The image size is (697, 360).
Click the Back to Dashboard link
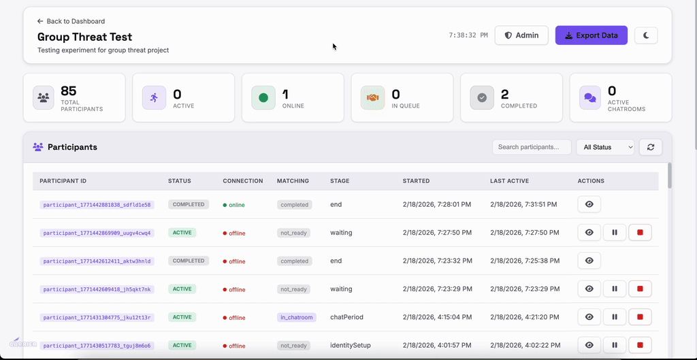point(71,21)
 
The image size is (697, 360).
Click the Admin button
point(521,35)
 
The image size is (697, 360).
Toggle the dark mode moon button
point(646,35)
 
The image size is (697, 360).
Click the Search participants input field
point(532,147)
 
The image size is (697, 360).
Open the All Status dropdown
point(604,147)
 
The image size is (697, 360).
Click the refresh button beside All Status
point(651,147)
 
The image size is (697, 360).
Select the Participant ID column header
point(63,181)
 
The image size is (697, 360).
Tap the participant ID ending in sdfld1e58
point(97,205)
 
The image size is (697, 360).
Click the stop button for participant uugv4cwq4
point(640,233)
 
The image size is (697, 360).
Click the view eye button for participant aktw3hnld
point(589,261)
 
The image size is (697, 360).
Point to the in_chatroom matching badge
point(296,318)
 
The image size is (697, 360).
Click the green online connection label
point(236,205)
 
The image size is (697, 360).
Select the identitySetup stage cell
point(351,346)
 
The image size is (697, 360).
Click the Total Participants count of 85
point(69,91)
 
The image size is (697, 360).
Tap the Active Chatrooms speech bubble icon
point(590,98)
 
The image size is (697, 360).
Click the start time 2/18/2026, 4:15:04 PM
point(437,317)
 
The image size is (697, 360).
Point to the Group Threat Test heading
point(84,37)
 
